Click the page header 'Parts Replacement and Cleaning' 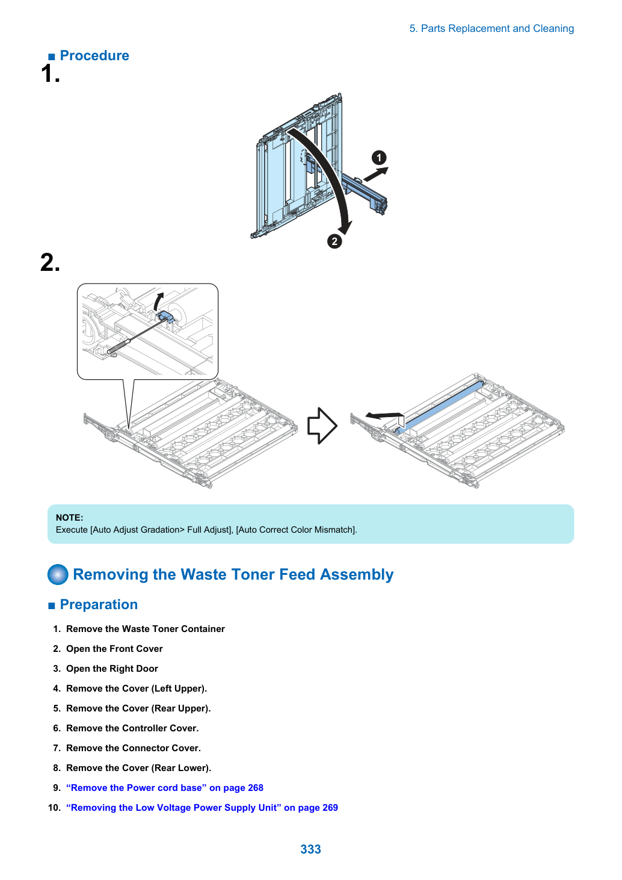tap(497, 29)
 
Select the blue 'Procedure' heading tap(94, 56)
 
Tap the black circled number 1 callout tap(379, 158)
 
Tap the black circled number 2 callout tap(334, 241)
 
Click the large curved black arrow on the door tap(334, 173)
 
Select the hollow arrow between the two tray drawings tap(322, 426)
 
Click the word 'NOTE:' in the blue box tap(70, 518)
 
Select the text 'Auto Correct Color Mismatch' tap(296, 530)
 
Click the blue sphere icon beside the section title tap(58, 574)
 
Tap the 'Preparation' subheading tap(99, 604)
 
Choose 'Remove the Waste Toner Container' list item tap(146, 629)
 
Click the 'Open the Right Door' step tap(112, 669)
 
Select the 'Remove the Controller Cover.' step tap(132, 728)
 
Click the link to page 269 tap(202, 808)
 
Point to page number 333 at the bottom tap(310, 849)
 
